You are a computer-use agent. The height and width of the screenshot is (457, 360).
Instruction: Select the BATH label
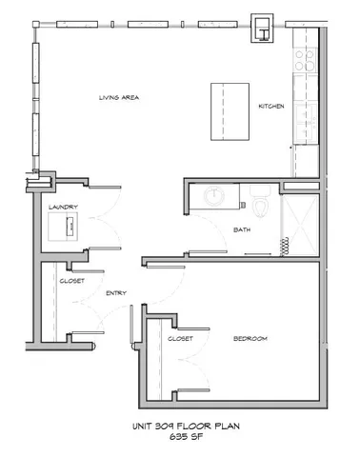click(241, 230)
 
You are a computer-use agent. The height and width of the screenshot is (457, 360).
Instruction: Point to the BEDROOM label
click(250, 339)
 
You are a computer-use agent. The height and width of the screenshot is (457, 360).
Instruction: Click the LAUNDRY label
click(63, 207)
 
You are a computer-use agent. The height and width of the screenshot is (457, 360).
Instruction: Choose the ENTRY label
click(116, 293)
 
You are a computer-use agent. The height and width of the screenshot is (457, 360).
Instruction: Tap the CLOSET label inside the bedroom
click(181, 339)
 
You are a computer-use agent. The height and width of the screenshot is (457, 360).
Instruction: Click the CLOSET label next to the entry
click(71, 281)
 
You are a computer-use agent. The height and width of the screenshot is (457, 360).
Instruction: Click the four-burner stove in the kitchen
click(308, 64)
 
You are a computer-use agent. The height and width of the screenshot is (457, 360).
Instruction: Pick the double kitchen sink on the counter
click(307, 120)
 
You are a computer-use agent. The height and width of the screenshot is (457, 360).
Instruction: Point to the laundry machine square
click(66, 229)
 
